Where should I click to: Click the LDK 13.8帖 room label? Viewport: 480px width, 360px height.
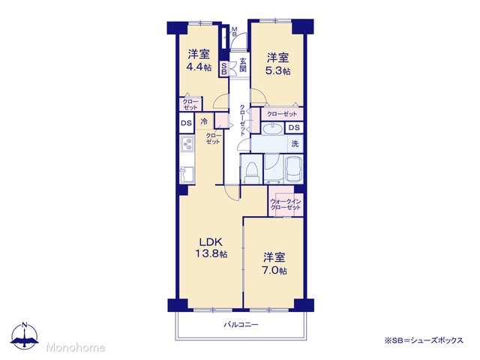[x=211, y=247]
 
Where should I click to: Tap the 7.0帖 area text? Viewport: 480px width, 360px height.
[x=275, y=271]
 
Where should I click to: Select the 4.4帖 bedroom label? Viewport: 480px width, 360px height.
[x=199, y=61]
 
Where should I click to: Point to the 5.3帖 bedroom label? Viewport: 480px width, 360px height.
[x=278, y=64]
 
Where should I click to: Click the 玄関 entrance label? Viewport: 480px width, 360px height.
[x=243, y=64]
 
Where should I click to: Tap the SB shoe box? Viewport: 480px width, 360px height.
[x=223, y=69]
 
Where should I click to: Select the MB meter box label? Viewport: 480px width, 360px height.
[x=234, y=31]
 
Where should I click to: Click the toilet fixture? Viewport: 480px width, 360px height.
[x=252, y=173]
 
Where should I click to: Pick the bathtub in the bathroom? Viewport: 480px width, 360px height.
[x=293, y=169]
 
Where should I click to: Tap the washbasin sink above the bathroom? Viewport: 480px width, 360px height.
[x=272, y=128]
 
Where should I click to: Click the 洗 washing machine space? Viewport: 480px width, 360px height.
[x=295, y=143]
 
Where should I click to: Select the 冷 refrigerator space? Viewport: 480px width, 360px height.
[x=204, y=121]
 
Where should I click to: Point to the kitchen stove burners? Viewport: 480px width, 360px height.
[x=187, y=143]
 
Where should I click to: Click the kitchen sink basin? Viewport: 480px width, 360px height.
[x=187, y=175]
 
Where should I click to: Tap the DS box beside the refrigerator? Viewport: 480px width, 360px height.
[x=186, y=123]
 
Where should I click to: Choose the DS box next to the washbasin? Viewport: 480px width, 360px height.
[x=294, y=127]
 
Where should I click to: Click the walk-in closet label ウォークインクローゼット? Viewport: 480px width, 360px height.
[x=286, y=205]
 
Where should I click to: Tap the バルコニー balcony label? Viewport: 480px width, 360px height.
[x=241, y=325]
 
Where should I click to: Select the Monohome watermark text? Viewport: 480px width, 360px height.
[x=76, y=347]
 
